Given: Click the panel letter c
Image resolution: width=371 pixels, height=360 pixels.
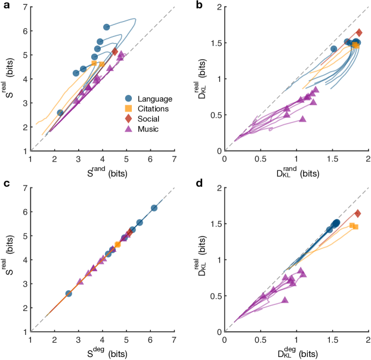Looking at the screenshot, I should click(5, 184).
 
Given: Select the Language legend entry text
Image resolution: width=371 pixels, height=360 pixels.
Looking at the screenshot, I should click(154, 99).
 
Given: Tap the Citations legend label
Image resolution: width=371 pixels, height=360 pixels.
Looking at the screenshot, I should click(153, 109).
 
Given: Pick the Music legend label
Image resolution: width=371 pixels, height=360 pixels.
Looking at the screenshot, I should click(149, 129).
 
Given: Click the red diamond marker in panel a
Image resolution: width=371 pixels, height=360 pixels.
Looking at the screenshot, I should click(115, 52).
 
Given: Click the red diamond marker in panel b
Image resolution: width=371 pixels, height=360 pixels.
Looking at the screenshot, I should click(359, 33).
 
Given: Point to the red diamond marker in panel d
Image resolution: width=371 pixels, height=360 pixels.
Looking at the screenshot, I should click(358, 213).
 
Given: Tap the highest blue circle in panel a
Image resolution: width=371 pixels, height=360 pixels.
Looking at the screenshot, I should click(107, 27).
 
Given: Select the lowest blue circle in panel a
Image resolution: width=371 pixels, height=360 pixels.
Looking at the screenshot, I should click(60, 112).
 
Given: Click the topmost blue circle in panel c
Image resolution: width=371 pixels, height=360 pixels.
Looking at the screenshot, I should click(154, 208).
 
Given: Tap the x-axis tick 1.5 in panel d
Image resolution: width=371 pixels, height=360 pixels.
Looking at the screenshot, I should click(332, 339).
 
